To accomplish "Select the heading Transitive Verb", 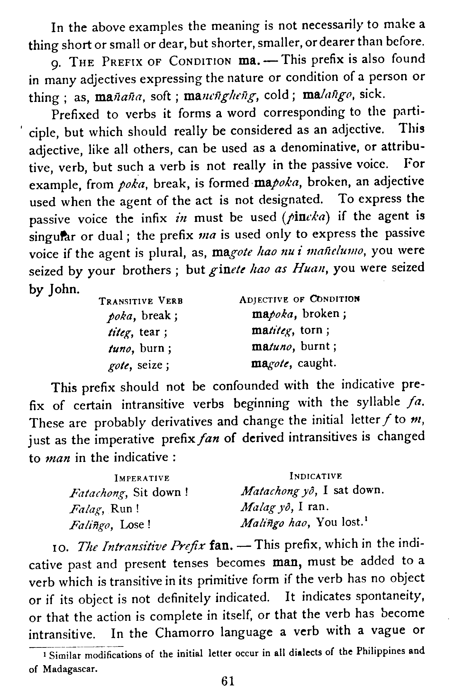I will pos(141,301).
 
